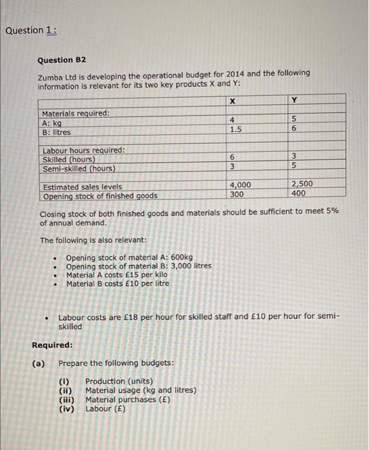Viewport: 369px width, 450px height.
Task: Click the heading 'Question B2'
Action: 64,60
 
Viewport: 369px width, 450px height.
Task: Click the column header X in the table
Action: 233,100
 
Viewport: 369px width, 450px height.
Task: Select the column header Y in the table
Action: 295,100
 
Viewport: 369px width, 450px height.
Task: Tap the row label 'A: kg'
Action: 52,123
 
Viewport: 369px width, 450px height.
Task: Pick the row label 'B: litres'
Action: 56,132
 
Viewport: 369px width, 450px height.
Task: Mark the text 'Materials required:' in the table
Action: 76,113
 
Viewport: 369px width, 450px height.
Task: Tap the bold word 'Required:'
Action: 52,345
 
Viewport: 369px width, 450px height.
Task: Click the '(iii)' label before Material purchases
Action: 67,399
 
